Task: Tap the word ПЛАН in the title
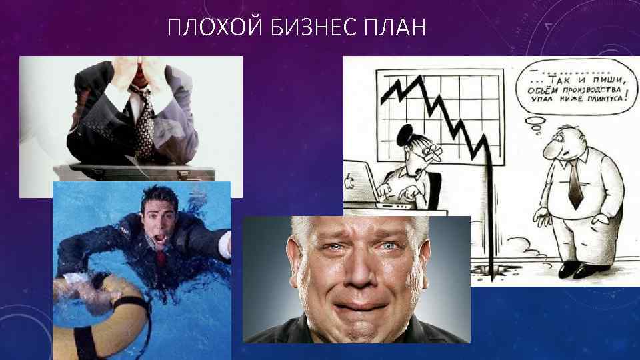pos(394,29)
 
